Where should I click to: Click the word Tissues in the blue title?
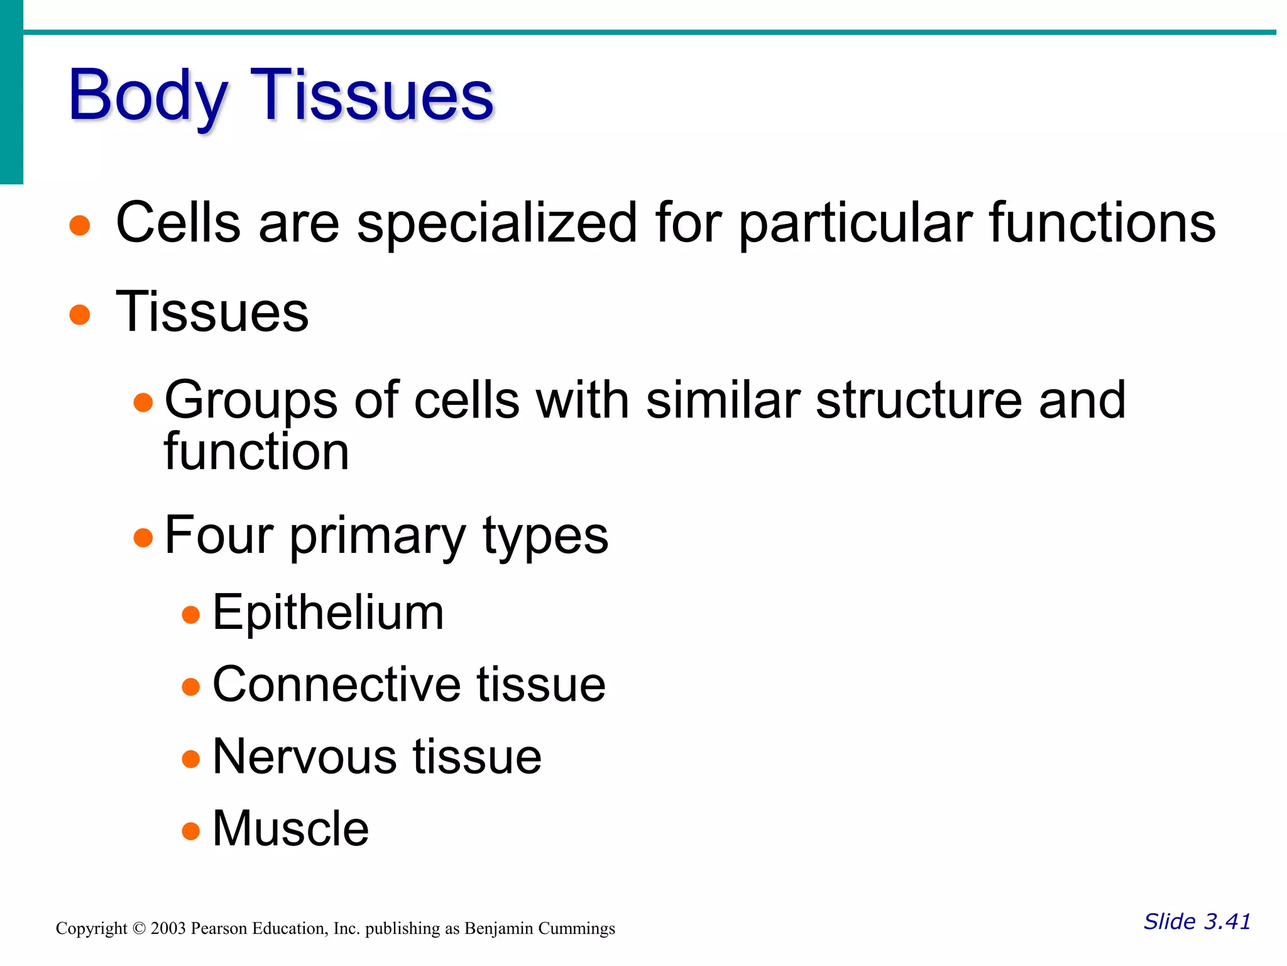click(x=372, y=96)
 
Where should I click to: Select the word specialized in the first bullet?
click(x=496, y=224)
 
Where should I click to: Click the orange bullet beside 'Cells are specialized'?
click(x=80, y=225)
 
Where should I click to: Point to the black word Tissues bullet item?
click(x=212, y=313)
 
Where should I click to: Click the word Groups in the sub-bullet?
click(x=251, y=401)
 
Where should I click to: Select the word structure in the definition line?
click(x=918, y=401)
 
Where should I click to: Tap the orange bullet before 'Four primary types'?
click(x=143, y=538)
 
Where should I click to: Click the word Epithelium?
click(x=328, y=613)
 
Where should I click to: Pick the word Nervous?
click(x=304, y=757)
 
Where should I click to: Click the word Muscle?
click(x=290, y=829)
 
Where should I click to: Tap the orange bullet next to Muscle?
click(x=190, y=831)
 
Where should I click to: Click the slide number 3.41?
click(x=1227, y=922)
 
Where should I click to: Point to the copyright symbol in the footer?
click(x=139, y=929)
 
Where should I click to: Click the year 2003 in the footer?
click(x=168, y=929)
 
